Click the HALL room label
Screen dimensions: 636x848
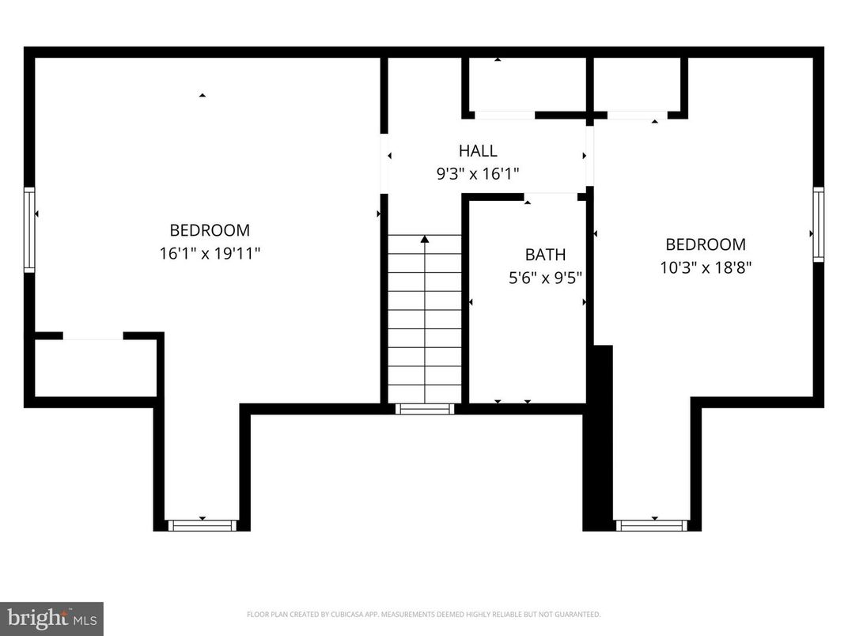[478, 150]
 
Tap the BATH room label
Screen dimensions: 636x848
[545, 255]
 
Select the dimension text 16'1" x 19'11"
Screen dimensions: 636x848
[210, 253]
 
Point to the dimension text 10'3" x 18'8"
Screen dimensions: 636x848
[706, 267]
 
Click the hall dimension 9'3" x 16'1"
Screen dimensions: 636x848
[478, 173]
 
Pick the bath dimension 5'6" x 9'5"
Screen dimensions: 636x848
[545, 278]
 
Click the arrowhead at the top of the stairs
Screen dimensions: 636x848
[425, 238]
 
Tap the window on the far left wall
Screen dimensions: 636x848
[29, 229]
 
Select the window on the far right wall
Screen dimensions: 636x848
[819, 224]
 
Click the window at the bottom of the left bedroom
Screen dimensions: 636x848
[203, 525]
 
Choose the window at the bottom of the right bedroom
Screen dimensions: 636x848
[653, 525]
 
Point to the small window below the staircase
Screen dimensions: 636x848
[425, 409]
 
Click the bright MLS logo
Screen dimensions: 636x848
[51, 617]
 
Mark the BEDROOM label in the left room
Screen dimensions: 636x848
[210, 230]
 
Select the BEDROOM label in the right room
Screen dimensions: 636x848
[706, 244]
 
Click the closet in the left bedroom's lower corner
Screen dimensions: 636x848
[95, 368]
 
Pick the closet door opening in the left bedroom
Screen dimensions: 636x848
[93, 335]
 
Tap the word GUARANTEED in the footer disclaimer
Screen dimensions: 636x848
[579, 614]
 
